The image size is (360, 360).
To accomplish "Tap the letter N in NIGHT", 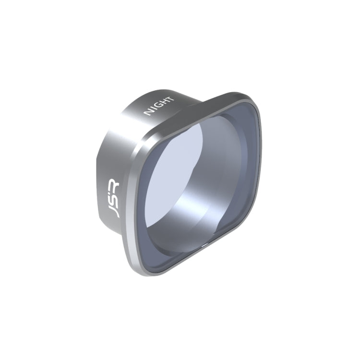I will [x=148, y=113].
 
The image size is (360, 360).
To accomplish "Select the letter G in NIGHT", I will [x=158, y=106].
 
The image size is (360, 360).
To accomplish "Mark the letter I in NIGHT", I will [x=154, y=109].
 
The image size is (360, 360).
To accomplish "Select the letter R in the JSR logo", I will [x=114, y=183].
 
